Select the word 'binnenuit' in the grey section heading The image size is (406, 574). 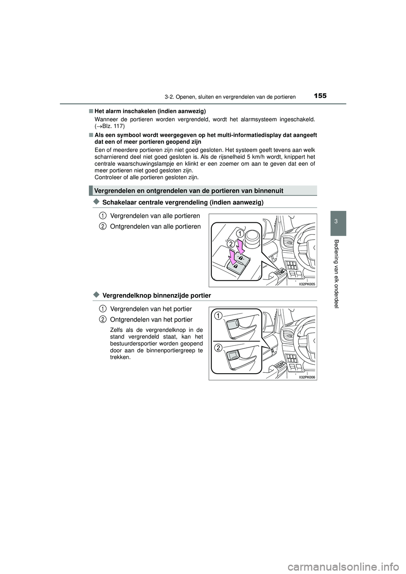coord(268,191)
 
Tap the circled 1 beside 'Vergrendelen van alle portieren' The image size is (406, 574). coord(102,216)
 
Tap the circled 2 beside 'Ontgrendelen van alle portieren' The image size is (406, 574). coord(102,226)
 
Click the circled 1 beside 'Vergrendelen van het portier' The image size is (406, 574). coord(102,309)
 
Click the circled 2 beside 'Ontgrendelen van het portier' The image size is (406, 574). coord(102,319)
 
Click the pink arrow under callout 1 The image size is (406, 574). coord(241,246)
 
